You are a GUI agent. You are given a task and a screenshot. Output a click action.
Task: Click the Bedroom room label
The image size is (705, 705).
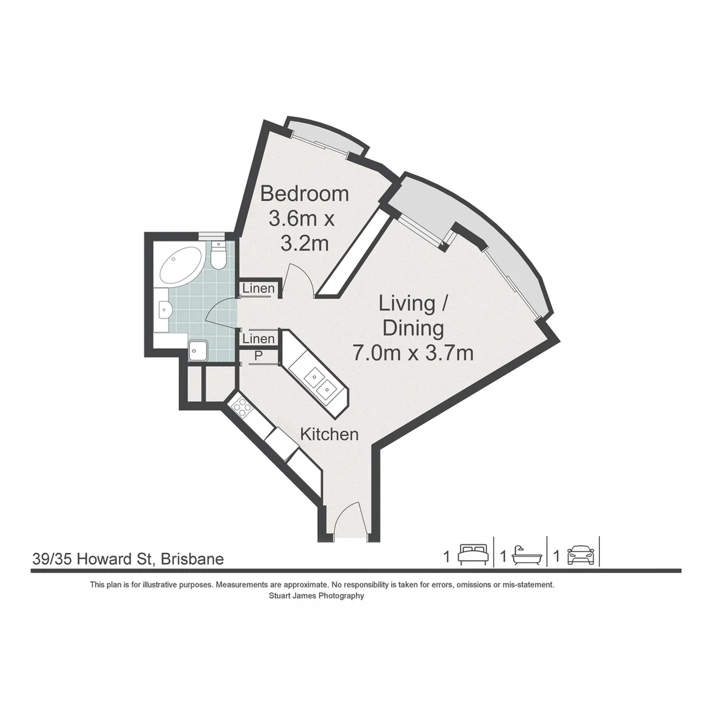tap(304, 194)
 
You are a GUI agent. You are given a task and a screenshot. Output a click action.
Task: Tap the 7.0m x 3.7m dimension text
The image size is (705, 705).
tap(413, 352)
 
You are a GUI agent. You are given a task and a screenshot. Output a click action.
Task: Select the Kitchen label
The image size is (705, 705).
tap(329, 434)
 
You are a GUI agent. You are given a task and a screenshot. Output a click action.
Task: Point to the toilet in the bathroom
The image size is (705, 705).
tap(219, 255)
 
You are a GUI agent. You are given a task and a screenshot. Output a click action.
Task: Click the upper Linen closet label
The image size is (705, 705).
tap(258, 289)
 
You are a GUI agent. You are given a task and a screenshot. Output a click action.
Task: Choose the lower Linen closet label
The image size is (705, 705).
tap(258, 339)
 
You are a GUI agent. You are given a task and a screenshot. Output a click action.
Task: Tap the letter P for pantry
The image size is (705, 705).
tap(258, 356)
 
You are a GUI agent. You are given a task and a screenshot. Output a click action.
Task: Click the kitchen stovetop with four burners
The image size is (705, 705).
tap(242, 408)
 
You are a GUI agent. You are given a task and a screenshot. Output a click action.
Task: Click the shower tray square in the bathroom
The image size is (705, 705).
tap(198, 351)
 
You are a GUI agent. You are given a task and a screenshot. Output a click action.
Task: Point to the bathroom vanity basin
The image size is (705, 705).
tap(164, 310)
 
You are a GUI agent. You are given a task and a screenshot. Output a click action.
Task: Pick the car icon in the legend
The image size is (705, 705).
tap(581, 556)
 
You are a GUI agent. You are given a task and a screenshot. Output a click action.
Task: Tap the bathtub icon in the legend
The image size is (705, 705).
tap(526, 555)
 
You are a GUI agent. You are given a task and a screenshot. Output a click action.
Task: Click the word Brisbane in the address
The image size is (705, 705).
tap(193, 559)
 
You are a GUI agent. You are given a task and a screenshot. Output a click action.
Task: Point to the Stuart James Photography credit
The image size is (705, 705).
tap(317, 596)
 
